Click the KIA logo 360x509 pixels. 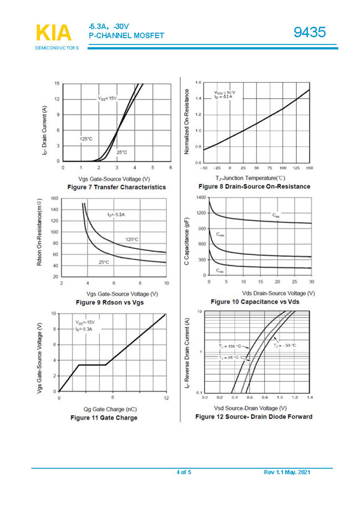click(x=54, y=33)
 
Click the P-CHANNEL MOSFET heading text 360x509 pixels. click(x=126, y=36)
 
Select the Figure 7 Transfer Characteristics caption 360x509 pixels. click(x=116, y=187)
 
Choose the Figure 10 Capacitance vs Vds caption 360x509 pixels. click(x=255, y=301)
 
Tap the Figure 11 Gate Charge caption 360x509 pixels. click(x=103, y=417)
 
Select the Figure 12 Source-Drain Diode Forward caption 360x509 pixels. click(x=253, y=416)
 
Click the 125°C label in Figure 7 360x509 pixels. click(x=85, y=139)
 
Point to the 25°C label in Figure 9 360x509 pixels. click(x=104, y=262)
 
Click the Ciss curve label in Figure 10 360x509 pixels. click(x=276, y=215)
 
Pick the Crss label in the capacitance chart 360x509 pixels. click(x=220, y=271)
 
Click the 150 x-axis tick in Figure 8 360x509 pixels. click(x=309, y=168)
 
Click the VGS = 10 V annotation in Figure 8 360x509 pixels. click(x=225, y=92)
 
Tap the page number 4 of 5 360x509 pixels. click(x=184, y=472)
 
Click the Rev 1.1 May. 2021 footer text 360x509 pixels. click(x=287, y=472)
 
